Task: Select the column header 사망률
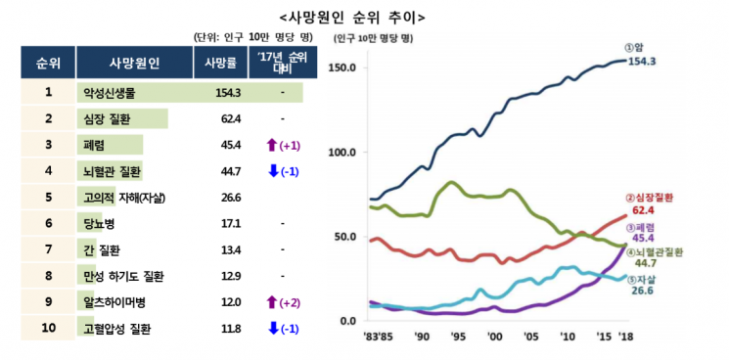pyautogui.click(x=220, y=64)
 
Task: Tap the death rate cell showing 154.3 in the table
pyautogui.click(x=228, y=93)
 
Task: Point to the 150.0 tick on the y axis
pyautogui.click(x=346, y=67)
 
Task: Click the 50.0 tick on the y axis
pyautogui.click(x=348, y=237)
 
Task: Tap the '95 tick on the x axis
pyautogui.click(x=458, y=337)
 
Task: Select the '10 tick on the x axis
pyautogui.click(x=568, y=337)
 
